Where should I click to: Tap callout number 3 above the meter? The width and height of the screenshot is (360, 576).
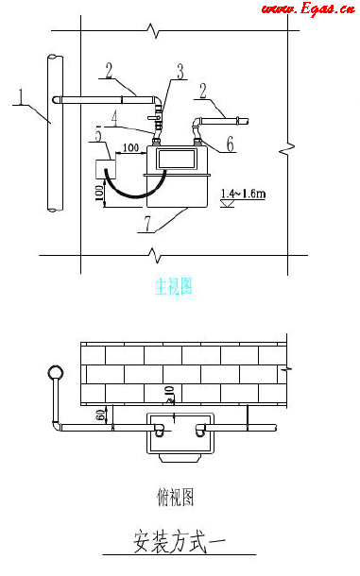coord(179,71)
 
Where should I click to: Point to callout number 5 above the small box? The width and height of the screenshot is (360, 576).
coord(98,137)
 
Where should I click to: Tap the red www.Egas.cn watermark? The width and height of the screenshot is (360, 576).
coord(307,9)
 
